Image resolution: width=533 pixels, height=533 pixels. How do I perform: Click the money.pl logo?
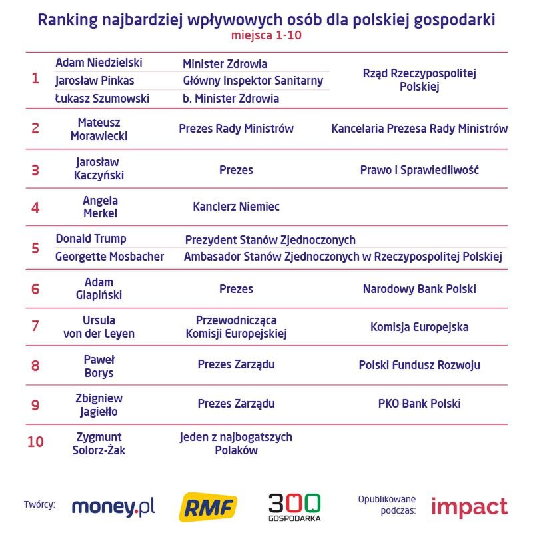tap(113, 507)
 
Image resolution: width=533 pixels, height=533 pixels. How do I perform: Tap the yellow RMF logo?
tap(208, 508)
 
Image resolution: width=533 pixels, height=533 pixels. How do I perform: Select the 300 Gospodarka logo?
tap(294, 507)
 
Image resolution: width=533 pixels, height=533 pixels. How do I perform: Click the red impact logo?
tap(468, 507)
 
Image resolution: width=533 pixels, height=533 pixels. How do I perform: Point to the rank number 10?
tap(35, 442)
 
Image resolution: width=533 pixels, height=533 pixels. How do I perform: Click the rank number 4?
tap(35, 207)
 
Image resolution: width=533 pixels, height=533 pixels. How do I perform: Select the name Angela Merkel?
tap(100, 207)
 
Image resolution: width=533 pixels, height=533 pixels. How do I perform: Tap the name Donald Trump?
tap(91, 239)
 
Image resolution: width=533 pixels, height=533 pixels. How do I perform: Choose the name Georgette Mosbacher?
tap(109, 257)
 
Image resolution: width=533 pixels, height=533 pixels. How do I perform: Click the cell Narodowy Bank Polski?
tap(419, 289)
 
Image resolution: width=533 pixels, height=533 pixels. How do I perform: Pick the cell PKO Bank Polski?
tap(419, 403)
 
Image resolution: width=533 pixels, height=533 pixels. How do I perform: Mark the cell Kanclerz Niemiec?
tap(236, 207)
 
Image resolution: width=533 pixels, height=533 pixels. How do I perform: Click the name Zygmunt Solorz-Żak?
tap(99, 444)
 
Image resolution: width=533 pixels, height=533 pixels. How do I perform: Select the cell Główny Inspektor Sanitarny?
tap(253, 81)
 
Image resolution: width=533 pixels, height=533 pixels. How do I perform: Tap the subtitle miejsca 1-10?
tap(266, 35)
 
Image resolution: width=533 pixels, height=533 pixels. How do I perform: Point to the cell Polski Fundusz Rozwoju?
tap(419, 365)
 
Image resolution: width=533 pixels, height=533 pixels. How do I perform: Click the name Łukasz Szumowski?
tap(102, 99)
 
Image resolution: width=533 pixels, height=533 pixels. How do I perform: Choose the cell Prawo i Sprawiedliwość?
tap(419, 169)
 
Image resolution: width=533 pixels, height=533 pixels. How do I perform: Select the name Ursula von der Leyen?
tap(99, 327)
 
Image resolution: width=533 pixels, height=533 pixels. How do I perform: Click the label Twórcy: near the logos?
tap(39, 504)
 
